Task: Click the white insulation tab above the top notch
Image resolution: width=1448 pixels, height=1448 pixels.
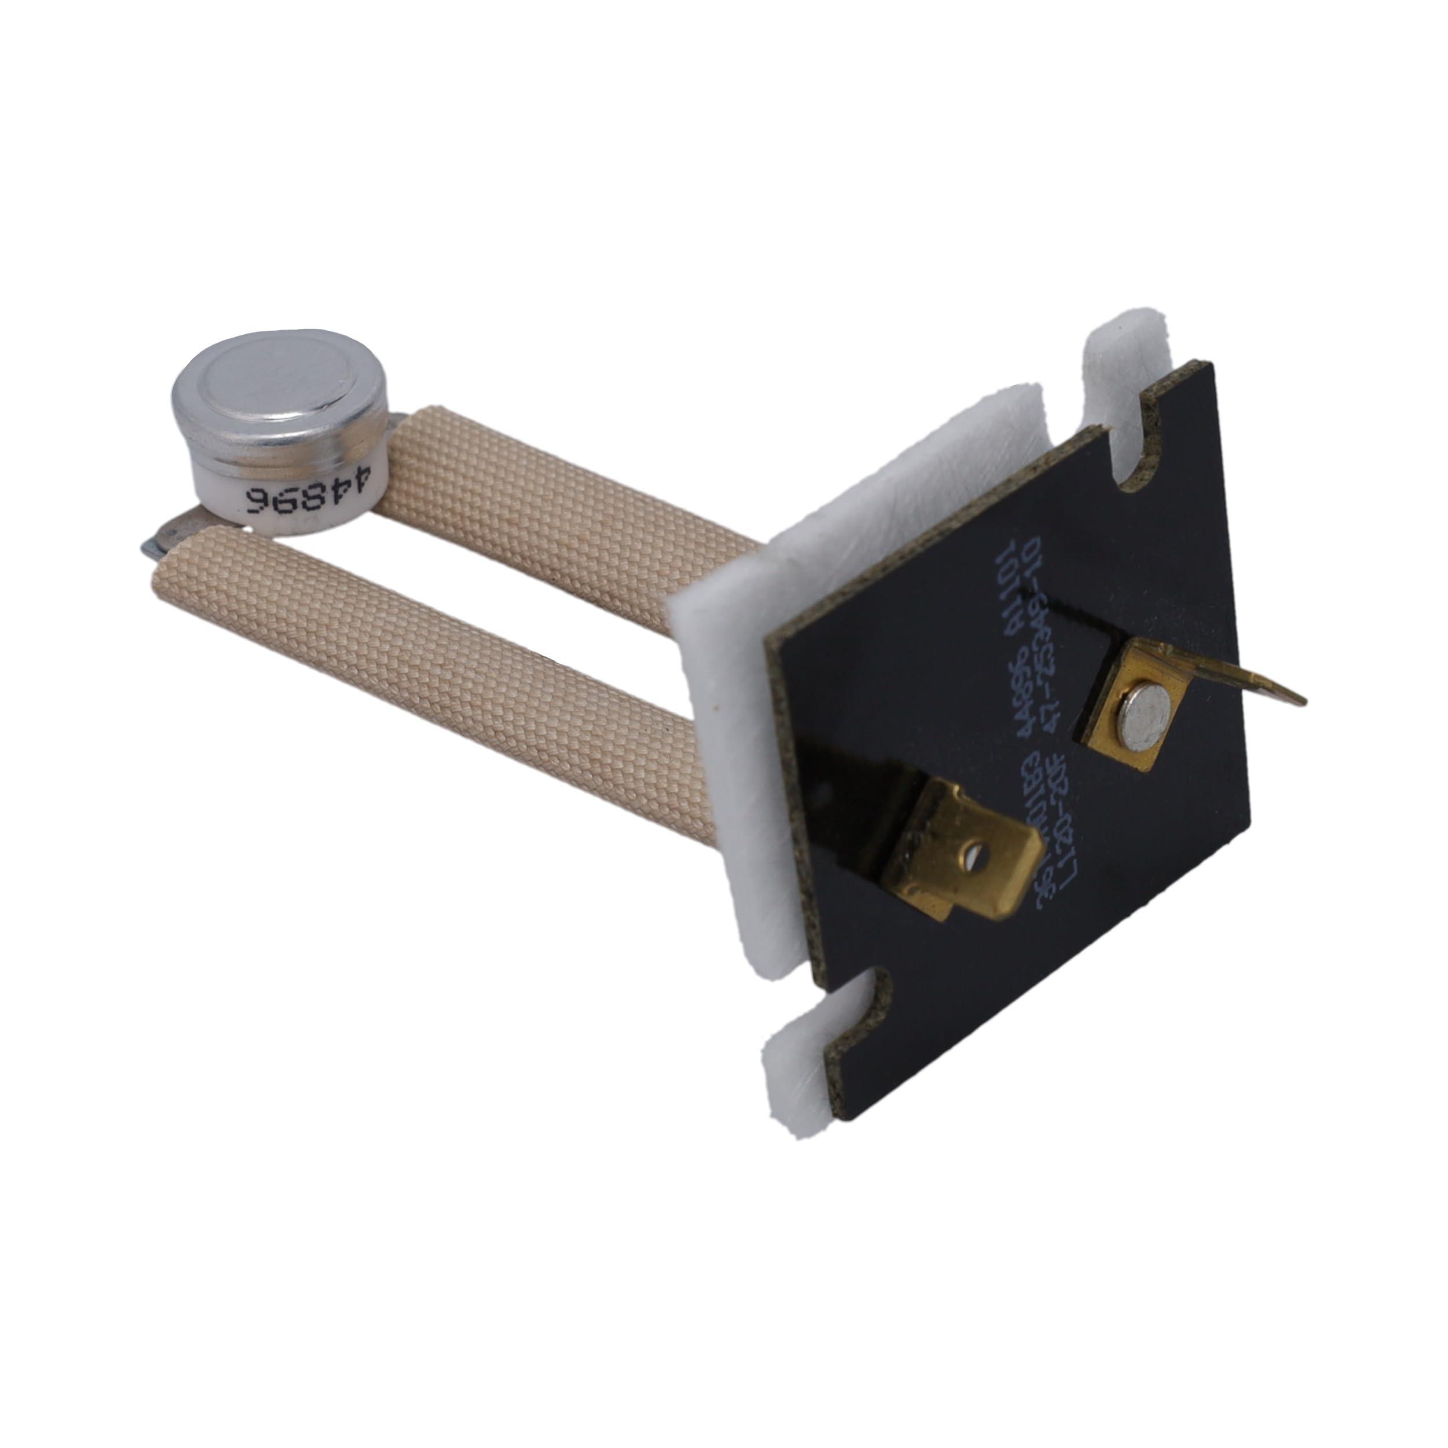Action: (x=1124, y=360)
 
